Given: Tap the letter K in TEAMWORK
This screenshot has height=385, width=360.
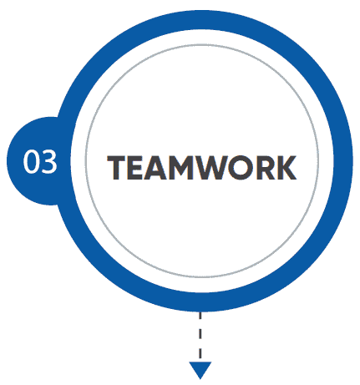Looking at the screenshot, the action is tap(286, 167).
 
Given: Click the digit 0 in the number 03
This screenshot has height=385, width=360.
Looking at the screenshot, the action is tap(31, 162).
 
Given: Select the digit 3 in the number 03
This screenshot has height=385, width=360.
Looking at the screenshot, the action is tap(48, 162).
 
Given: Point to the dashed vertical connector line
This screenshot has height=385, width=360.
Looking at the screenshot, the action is tap(200, 336).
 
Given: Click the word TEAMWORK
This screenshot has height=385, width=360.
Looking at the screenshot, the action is tap(202, 167).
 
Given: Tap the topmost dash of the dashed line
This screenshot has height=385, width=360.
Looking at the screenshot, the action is tap(200, 315).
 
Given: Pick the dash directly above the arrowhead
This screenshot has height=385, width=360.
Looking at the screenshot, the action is tap(200, 353).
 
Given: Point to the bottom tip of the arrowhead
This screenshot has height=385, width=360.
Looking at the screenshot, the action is tap(200, 379).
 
